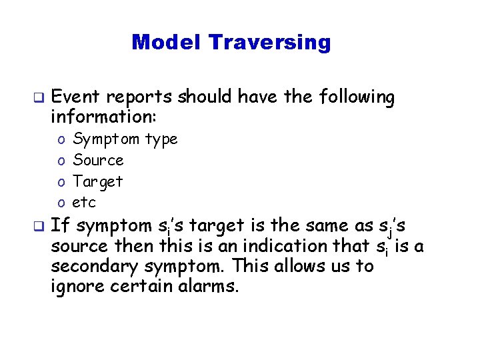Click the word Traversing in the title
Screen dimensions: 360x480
coord(269,43)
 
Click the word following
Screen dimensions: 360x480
coord(357,98)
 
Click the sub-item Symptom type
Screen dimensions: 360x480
coord(125,139)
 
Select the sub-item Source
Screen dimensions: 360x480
coord(98,160)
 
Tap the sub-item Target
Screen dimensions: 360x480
coord(98,181)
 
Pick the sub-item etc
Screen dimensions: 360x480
coord(85,202)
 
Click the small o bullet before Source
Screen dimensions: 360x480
coord(61,161)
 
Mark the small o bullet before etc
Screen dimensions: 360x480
coord(61,203)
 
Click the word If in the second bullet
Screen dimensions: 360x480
coord(58,225)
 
